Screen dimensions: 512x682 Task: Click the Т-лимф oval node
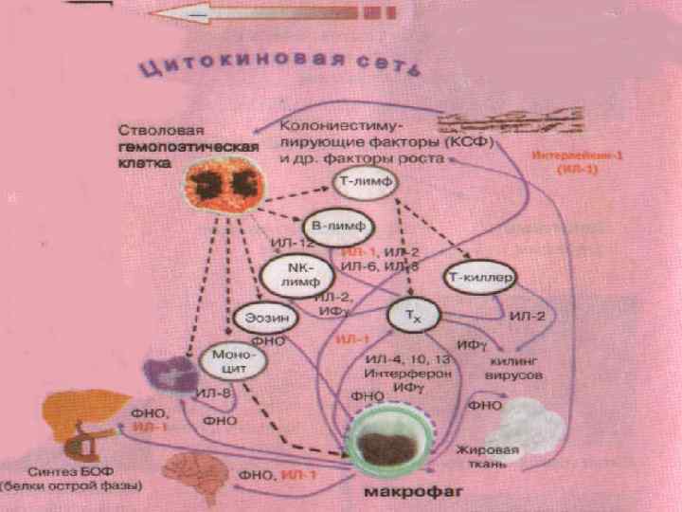click(x=364, y=180)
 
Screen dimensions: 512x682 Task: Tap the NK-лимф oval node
click(x=299, y=274)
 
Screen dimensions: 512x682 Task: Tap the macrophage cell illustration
click(x=389, y=441)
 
